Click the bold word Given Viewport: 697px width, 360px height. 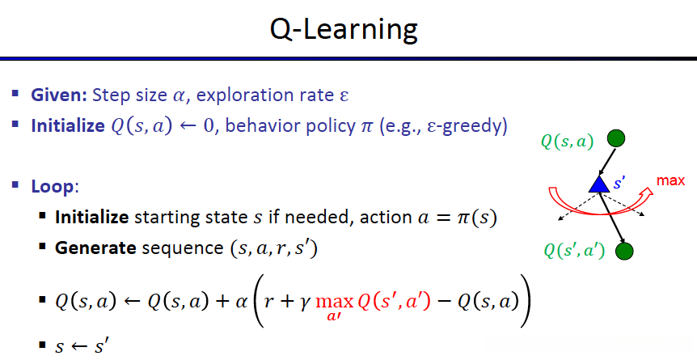59,96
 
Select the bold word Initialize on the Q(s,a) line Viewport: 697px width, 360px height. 68,126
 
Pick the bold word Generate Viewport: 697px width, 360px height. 95,248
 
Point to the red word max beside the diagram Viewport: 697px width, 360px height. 670,181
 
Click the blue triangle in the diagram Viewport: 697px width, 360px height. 599,184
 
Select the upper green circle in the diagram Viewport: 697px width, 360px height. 616,138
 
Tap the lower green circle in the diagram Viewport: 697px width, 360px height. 624,251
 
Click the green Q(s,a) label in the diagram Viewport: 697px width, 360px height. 567,142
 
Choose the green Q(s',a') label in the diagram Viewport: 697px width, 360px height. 574,252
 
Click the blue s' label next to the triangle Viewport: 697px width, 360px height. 619,184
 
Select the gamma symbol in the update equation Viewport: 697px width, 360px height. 306,305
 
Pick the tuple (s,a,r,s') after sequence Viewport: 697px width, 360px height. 274,248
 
